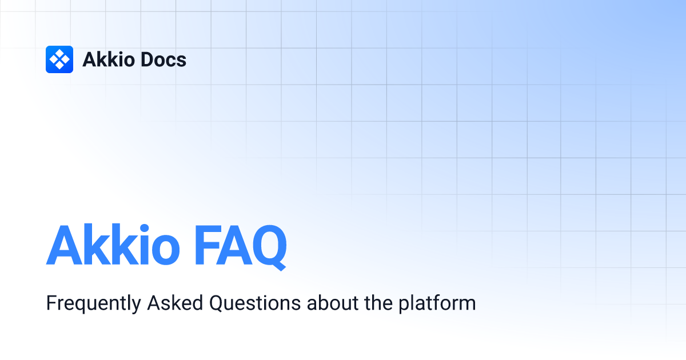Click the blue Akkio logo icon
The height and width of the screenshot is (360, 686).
coord(59,59)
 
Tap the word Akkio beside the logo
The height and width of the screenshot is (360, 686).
coord(109,59)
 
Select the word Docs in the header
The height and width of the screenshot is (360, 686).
coord(163,59)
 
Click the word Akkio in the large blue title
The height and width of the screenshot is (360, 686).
coord(113,245)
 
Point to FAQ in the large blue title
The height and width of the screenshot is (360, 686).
coord(241,247)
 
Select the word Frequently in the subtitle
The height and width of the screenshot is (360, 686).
coord(93,303)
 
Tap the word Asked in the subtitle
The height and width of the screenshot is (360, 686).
coord(175,303)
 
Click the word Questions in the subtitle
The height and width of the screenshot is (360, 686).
coord(255,303)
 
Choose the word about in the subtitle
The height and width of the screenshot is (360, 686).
coord(333,303)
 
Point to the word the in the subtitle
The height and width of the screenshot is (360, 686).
coord(378,303)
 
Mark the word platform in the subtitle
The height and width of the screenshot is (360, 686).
coord(437,303)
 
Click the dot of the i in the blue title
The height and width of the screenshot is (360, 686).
coord(145,229)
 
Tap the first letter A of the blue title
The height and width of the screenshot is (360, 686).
coord(64,245)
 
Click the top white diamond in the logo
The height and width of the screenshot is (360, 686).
coord(59,53)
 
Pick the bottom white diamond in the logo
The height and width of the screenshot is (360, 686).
coord(59,66)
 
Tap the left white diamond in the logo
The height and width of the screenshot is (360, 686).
coord(53,59)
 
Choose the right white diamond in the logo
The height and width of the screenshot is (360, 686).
coord(66,59)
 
